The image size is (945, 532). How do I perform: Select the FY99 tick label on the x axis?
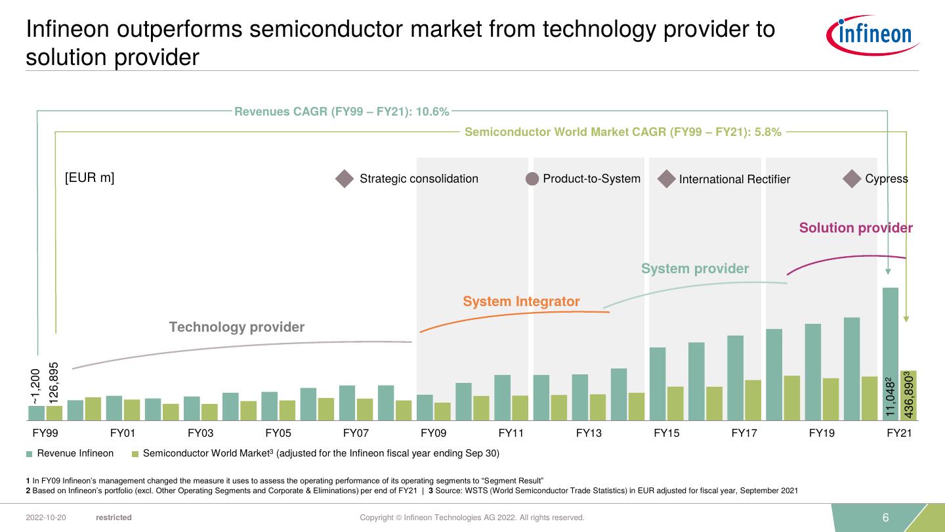point(45,433)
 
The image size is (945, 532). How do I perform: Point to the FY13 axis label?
point(589,433)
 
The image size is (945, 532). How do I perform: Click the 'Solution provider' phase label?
point(856,228)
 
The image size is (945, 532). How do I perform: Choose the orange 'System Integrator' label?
point(521,301)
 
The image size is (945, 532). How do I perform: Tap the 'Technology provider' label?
point(237,327)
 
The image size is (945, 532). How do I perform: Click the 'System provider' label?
point(694,269)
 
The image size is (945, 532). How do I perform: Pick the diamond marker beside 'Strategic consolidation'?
point(345,179)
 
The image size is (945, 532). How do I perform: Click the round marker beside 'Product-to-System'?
point(532,179)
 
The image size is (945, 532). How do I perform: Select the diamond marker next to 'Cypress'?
point(852,179)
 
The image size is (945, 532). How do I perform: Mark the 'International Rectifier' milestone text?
point(734,179)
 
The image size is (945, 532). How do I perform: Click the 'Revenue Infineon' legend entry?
point(75,453)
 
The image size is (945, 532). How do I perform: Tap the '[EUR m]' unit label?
point(90,178)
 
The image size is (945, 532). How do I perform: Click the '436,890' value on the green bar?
point(909,395)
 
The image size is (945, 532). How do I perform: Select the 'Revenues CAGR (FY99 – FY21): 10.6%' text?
point(342,112)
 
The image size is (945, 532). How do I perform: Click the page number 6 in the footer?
point(885,518)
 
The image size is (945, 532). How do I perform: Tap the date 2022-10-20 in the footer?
point(46,518)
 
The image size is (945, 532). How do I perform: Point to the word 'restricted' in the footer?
point(114,518)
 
